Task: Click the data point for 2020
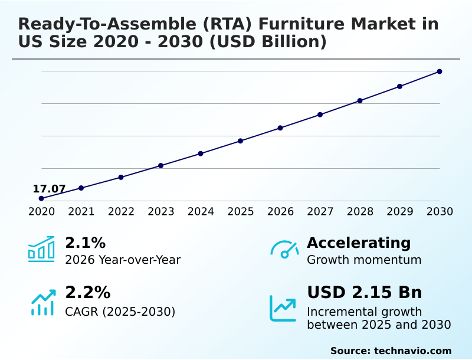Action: click(x=41, y=198)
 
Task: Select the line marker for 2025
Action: click(x=241, y=141)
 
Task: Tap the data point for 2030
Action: click(x=440, y=71)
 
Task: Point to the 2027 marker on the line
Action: click(x=320, y=114)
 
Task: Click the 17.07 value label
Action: click(x=49, y=189)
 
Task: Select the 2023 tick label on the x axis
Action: click(x=160, y=212)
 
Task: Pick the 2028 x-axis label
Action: click(x=360, y=212)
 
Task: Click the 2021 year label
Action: click(x=81, y=212)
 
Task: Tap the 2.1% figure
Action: click(x=85, y=243)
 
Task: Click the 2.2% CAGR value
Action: click(x=87, y=293)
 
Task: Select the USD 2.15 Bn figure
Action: click(x=364, y=293)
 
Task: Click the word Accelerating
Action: click(x=359, y=243)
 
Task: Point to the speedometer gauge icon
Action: click(x=284, y=249)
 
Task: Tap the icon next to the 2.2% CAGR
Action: click(x=42, y=302)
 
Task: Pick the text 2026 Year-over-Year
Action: click(x=123, y=260)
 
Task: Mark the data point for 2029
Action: click(x=400, y=86)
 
